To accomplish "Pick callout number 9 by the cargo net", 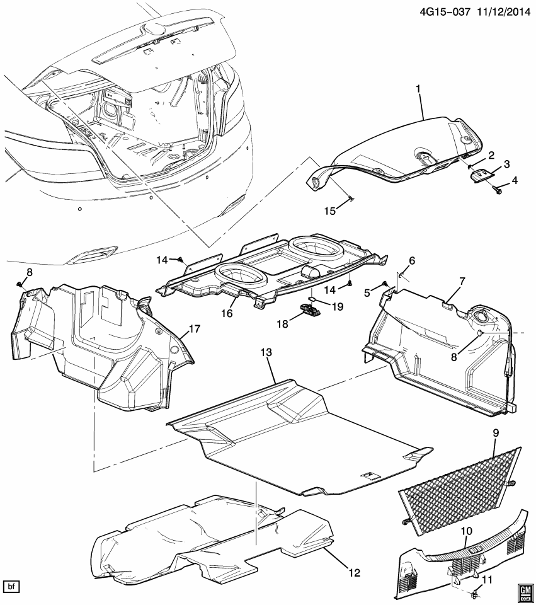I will [495, 433].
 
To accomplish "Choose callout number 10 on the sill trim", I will [466, 532].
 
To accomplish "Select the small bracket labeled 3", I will [482, 175].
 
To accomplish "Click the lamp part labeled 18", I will [307, 308].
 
